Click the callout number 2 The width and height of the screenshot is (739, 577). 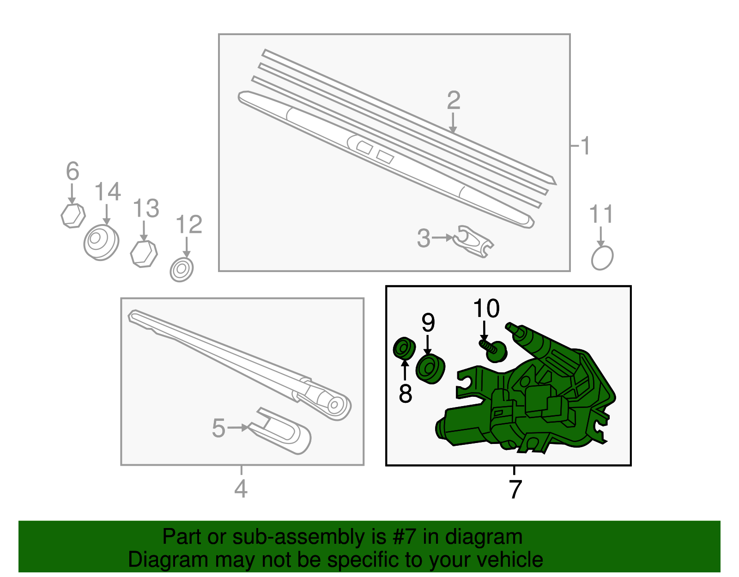coord(454,100)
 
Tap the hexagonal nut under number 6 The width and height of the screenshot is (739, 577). coord(73,216)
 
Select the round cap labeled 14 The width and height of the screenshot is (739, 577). coord(101,243)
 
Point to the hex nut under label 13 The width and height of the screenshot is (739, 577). coord(144,254)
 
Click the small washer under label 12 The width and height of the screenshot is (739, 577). coord(182,270)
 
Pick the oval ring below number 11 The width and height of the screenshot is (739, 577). coord(602,258)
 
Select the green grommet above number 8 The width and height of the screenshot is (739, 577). coord(404,348)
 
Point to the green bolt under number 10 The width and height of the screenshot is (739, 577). coord(494,351)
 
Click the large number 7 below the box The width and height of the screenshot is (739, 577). coord(515,490)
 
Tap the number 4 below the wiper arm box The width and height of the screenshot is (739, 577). coord(241,489)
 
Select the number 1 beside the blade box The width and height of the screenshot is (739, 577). coord(585,146)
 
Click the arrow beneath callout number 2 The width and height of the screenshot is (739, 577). coord(453,123)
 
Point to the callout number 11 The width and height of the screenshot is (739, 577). coord(601,214)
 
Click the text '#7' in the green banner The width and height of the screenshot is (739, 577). coord(404,536)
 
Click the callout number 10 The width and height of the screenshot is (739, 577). coord(487,309)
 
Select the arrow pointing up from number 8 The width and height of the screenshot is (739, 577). coord(405,370)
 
